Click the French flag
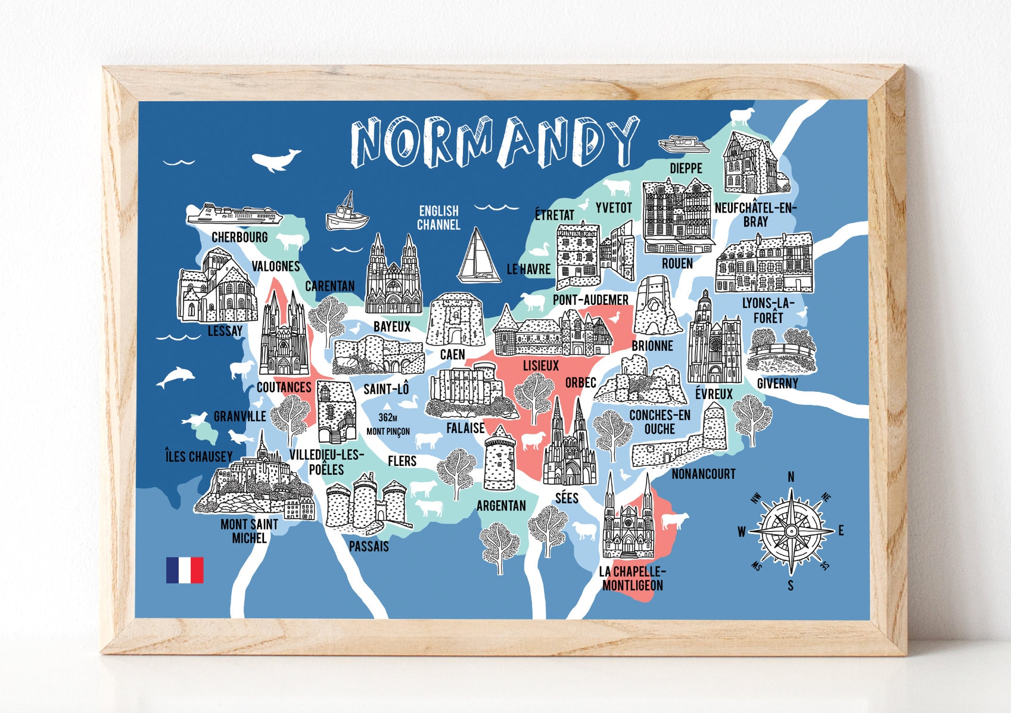click(185, 570)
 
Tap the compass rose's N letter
click(791, 477)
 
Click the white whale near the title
click(275, 160)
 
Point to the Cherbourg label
click(239, 237)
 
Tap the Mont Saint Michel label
click(249, 531)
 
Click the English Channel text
click(438, 217)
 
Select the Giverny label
click(777, 384)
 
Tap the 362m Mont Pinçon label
click(388, 424)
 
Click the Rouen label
click(677, 263)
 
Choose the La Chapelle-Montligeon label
click(632, 578)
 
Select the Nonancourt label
click(703, 474)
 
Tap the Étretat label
click(554, 214)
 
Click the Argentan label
click(501, 506)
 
